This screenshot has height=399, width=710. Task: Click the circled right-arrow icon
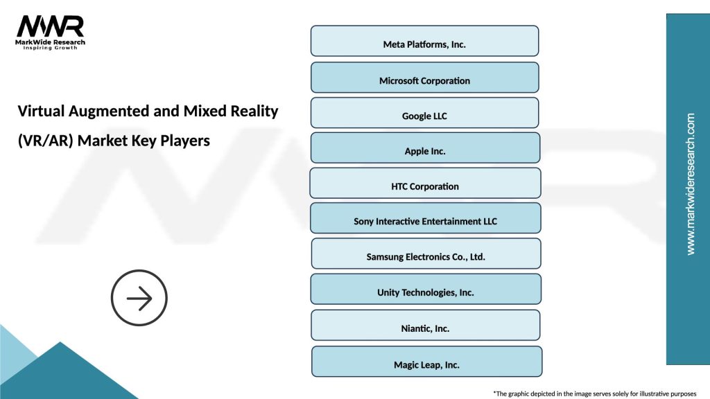pos(139,298)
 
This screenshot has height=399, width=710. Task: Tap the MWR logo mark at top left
pos(50,26)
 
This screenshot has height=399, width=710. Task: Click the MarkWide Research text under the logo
pos(51,42)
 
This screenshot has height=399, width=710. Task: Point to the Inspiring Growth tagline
pos(51,48)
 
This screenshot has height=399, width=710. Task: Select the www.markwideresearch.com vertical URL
pos(690,184)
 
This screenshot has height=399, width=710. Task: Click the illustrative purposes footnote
pos(594,393)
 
